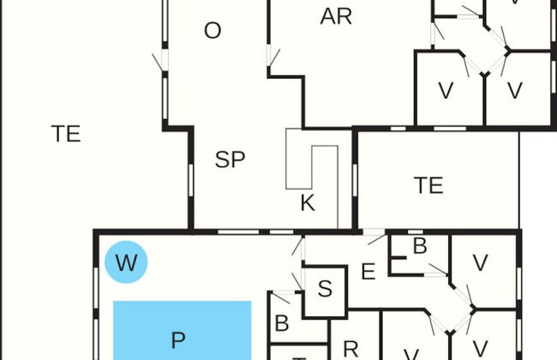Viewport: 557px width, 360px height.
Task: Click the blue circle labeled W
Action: click(126, 262)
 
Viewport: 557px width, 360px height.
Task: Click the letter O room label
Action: click(213, 31)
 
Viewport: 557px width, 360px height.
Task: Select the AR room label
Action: click(336, 16)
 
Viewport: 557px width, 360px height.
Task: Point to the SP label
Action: click(230, 159)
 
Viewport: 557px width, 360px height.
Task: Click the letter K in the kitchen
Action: click(308, 203)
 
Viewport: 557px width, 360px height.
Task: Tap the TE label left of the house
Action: click(66, 134)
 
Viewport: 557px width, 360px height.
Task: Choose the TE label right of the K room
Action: click(428, 185)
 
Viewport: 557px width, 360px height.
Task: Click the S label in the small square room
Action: click(325, 289)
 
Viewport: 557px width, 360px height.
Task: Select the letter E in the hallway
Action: click(368, 273)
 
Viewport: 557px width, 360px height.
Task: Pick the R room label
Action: click(350, 348)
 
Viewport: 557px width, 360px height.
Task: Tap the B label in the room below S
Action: click(281, 325)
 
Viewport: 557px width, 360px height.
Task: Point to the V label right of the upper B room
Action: click(480, 262)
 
